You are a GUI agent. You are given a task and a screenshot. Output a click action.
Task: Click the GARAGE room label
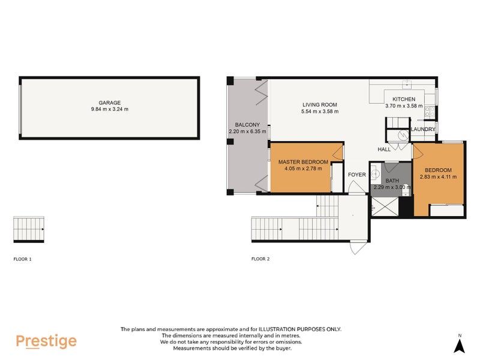pyautogui.click(x=110, y=103)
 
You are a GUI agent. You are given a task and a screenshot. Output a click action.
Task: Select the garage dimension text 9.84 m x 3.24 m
pyautogui.click(x=110, y=109)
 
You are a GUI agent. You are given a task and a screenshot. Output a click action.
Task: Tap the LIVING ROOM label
pyautogui.click(x=320, y=105)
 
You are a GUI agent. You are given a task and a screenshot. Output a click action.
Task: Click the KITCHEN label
pyautogui.click(x=404, y=100)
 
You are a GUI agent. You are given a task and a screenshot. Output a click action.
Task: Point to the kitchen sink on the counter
pyautogui.click(x=406, y=83)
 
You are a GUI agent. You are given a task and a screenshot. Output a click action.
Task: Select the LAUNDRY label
pyautogui.click(x=423, y=129)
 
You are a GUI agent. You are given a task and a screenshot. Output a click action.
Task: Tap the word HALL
pyautogui.click(x=384, y=149)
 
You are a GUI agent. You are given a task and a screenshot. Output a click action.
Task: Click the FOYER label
pyautogui.click(x=357, y=175)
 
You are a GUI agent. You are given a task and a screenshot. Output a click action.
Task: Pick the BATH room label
pyautogui.click(x=392, y=181)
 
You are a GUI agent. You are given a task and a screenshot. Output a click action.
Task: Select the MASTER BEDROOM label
pyautogui.click(x=303, y=162)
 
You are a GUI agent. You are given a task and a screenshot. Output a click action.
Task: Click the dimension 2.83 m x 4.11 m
pyautogui.click(x=438, y=177)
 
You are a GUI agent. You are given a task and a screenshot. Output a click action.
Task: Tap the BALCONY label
pyautogui.click(x=242, y=125)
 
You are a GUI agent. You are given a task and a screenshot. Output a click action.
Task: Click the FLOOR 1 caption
pyautogui.click(x=22, y=259)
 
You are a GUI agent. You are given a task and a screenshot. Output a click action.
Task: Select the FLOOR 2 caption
pyautogui.click(x=260, y=259)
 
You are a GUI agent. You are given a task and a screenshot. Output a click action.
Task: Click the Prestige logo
pyautogui.click(x=46, y=341)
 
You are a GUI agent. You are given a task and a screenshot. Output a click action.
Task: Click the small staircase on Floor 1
pyautogui.click(x=29, y=229)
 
